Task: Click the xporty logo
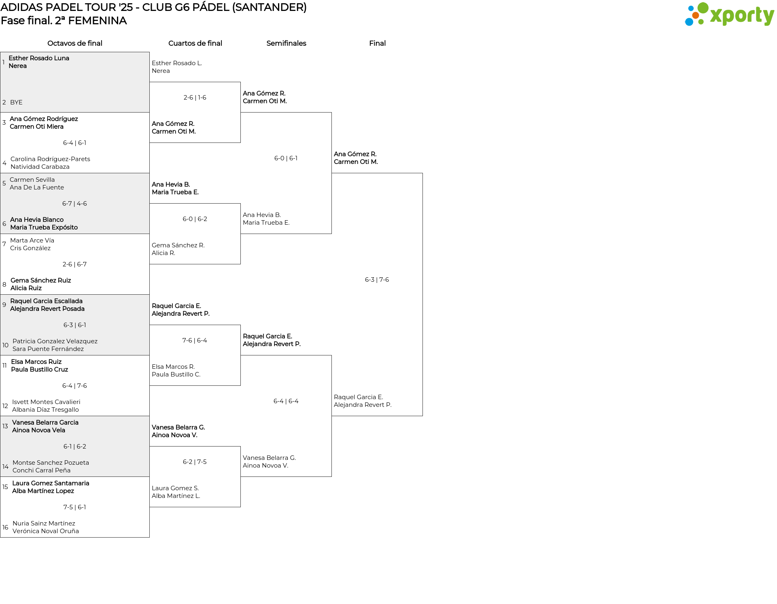tap(729, 15)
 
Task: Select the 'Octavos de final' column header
tap(75, 43)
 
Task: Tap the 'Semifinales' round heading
tap(286, 43)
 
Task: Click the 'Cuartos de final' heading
tap(195, 43)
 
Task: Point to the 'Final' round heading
tap(377, 43)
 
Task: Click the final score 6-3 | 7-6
tap(377, 280)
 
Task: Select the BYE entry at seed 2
tap(16, 102)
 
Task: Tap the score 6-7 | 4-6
tap(74, 204)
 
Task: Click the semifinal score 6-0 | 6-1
tap(286, 158)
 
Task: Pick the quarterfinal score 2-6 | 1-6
tap(195, 98)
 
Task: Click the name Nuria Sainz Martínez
tap(44, 523)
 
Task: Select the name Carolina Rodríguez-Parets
tap(50, 159)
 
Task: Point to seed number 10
tap(5, 345)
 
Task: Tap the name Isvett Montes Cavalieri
tap(46, 402)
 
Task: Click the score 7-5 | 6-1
tap(74, 507)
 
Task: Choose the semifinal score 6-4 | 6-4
tap(286, 401)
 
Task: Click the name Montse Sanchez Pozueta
tap(51, 463)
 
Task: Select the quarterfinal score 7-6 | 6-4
tap(195, 340)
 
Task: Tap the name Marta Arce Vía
tap(32, 240)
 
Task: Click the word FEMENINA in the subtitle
tap(98, 21)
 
